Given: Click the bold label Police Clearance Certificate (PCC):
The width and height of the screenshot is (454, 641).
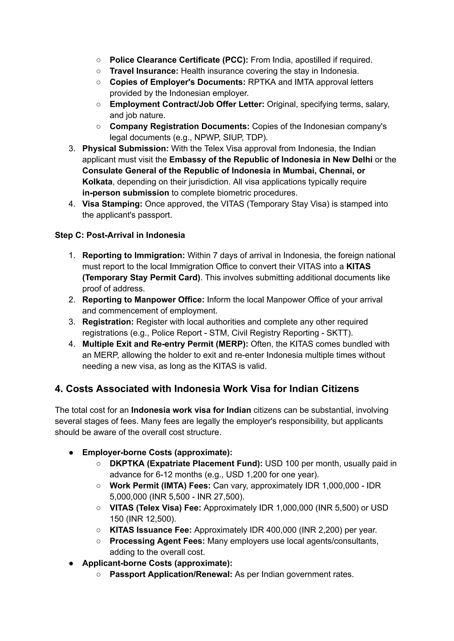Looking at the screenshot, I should point(179,60).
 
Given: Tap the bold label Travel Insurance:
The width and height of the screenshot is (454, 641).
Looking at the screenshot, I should point(144,71).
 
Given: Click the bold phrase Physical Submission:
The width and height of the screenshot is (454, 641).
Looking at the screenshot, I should point(125,148).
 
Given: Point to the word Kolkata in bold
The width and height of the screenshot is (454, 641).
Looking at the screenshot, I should point(97,182).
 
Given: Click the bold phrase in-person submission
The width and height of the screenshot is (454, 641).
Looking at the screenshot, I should point(125,193).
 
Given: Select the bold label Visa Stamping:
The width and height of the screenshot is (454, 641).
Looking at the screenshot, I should point(112,204).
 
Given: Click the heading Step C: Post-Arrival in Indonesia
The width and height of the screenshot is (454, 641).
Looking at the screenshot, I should point(120,235).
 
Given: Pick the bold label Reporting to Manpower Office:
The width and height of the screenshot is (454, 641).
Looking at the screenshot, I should point(143,300).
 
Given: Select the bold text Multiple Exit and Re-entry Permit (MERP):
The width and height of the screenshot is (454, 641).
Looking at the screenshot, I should point(165,344).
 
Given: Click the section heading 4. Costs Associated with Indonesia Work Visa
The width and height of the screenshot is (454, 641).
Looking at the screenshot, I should point(207,389).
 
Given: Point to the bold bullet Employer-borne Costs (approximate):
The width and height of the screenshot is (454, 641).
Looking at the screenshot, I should point(157,452).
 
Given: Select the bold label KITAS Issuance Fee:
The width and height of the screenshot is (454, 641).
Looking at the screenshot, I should point(150,530).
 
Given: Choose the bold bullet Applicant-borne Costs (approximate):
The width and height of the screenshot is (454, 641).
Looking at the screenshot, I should point(157,563).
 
